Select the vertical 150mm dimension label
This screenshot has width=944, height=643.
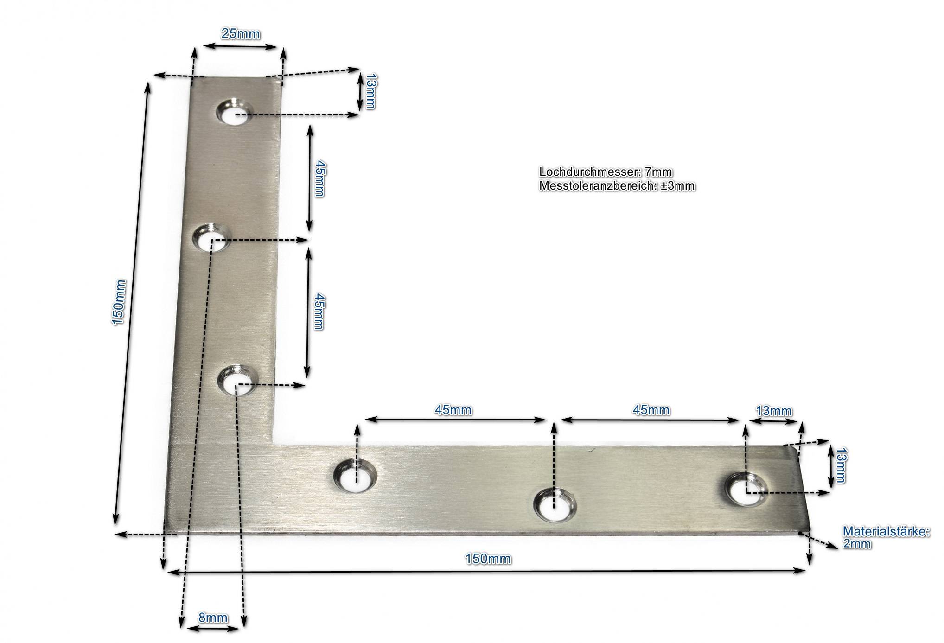click(119, 302)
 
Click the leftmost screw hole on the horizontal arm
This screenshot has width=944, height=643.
click(356, 476)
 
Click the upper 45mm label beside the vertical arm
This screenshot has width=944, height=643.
click(319, 178)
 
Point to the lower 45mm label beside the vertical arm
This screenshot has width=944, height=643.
click(318, 311)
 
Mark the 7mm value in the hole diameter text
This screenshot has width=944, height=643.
click(658, 172)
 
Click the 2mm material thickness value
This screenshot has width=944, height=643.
click(857, 544)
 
